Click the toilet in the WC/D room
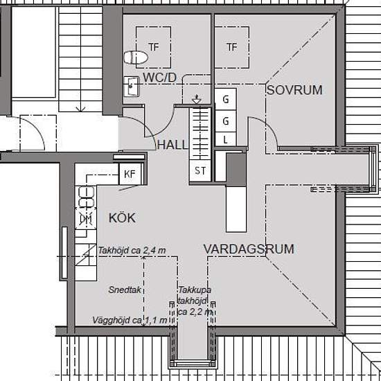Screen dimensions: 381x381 click(x=136, y=57)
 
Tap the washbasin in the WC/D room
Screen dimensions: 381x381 click(x=132, y=87)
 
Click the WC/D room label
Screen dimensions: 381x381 click(x=159, y=78)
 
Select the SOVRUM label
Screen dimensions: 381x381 click(x=294, y=90)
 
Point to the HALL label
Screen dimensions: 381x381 click(x=172, y=145)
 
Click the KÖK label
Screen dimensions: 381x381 click(x=122, y=218)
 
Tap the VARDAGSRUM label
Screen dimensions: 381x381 click(x=249, y=249)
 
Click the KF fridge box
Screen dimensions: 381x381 click(x=130, y=174)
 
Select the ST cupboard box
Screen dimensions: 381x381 click(x=200, y=170)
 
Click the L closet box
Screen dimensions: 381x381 click(x=226, y=139)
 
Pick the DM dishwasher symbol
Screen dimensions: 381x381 click(x=86, y=219)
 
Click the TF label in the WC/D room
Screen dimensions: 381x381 click(x=154, y=47)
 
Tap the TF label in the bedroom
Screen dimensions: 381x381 click(x=231, y=47)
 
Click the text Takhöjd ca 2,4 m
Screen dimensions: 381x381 click(x=132, y=250)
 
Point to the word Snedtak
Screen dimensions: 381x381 click(x=125, y=290)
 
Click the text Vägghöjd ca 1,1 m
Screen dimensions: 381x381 click(x=130, y=320)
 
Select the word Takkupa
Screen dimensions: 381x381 click(x=195, y=290)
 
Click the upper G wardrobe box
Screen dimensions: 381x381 click(x=226, y=99)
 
